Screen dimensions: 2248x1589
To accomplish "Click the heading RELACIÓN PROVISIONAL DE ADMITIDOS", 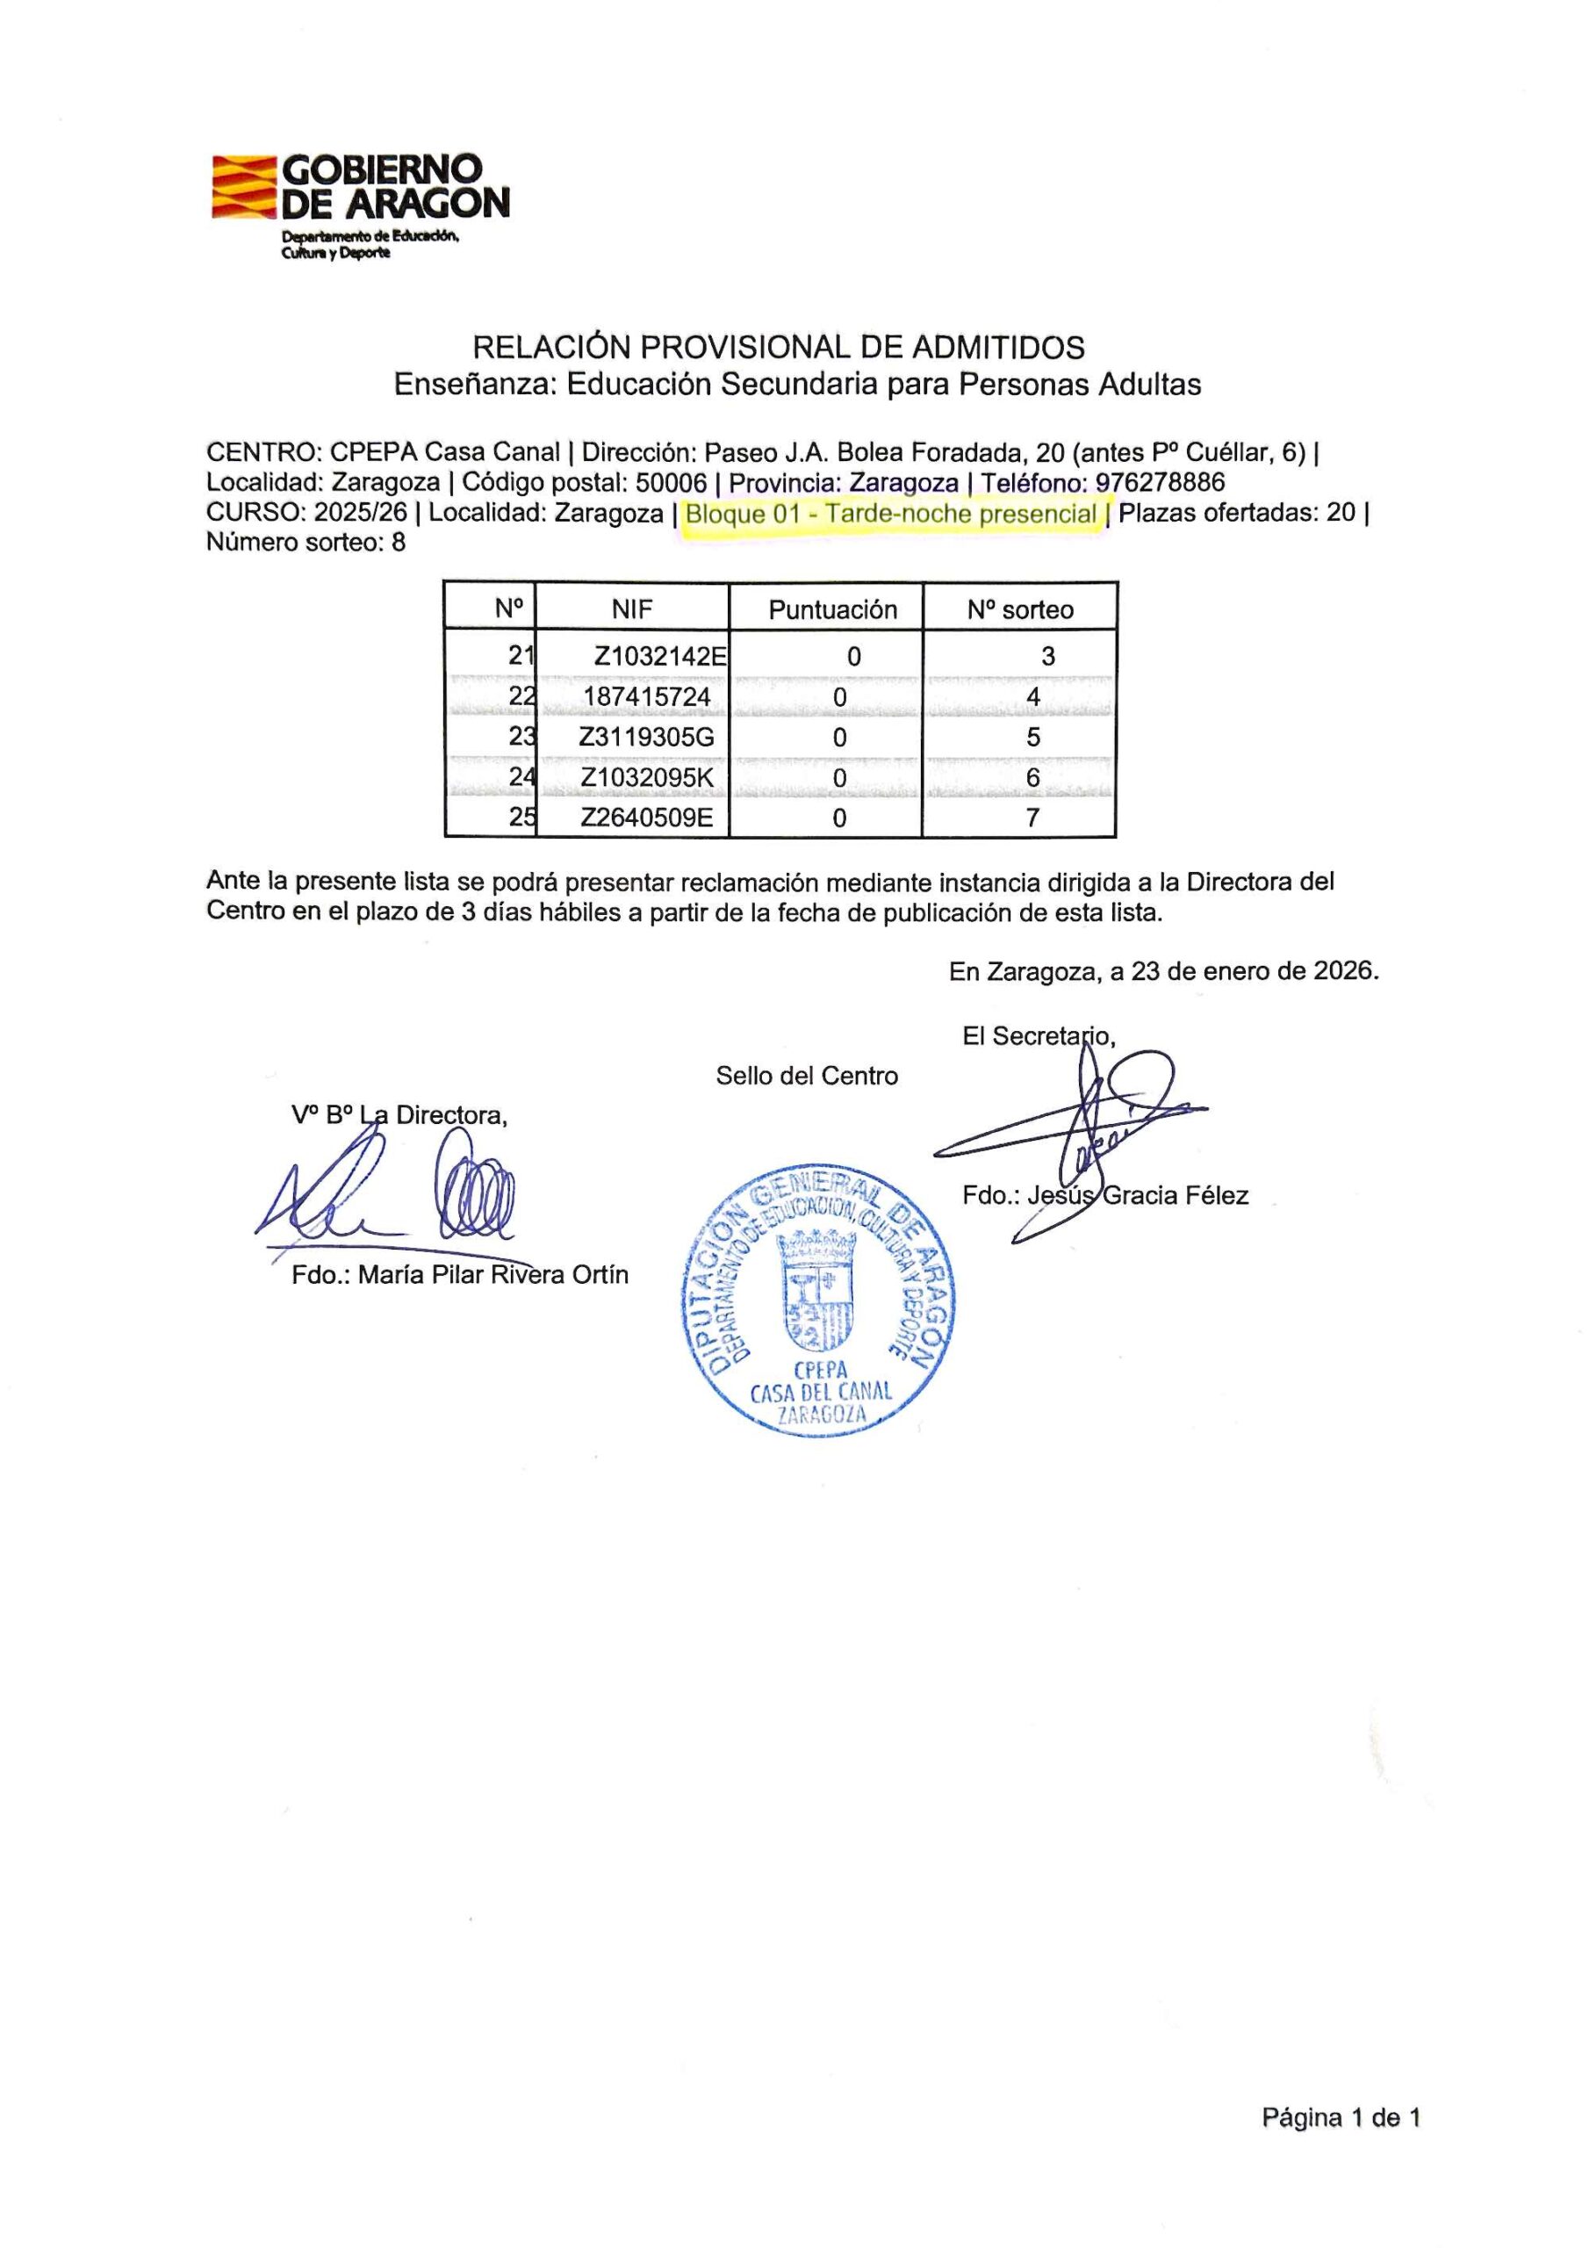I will tap(779, 347).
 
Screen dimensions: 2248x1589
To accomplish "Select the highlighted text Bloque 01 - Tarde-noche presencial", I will tap(891, 514).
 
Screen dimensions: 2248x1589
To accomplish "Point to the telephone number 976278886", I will tap(1161, 483).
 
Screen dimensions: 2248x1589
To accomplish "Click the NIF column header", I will tap(631, 609).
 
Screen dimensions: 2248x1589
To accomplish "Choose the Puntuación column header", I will tap(832, 609).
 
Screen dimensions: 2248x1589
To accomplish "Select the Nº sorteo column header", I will tap(1020, 609).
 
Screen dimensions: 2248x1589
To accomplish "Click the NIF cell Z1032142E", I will tap(660, 656).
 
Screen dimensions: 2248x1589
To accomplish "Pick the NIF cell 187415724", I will tap(646, 697).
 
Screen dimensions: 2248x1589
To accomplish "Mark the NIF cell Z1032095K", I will tap(647, 778).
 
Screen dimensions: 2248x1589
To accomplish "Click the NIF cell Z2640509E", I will tap(647, 818).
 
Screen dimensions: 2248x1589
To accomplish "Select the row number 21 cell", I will tap(521, 656).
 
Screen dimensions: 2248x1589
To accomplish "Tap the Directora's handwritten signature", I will tap(392, 1194).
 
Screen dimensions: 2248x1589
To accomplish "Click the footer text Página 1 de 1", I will tap(1341, 2145).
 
